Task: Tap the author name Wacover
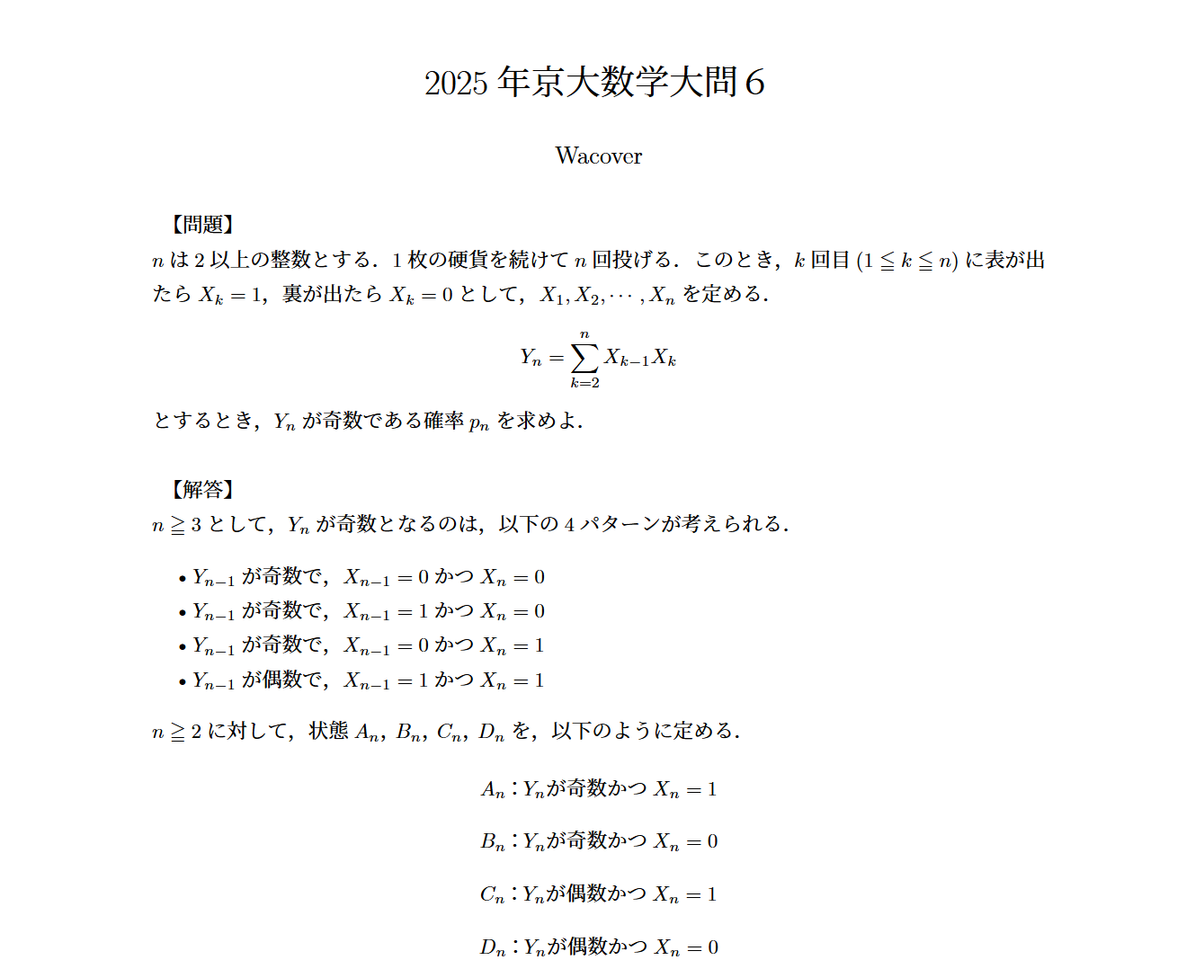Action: pos(599,156)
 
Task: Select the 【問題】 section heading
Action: pos(202,225)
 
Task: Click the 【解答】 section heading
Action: pos(202,490)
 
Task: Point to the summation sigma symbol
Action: pos(584,358)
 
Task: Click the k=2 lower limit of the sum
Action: pos(584,383)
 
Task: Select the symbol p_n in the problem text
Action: pos(479,422)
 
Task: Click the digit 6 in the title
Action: pos(754,84)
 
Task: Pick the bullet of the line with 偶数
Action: pos(183,681)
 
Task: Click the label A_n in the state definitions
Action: pos(492,790)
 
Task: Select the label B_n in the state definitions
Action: pos(492,842)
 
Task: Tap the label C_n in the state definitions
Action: pos(492,895)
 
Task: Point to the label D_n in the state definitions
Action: pos(492,947)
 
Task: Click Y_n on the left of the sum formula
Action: pos(531,358)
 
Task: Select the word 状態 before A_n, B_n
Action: pos(328,731)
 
